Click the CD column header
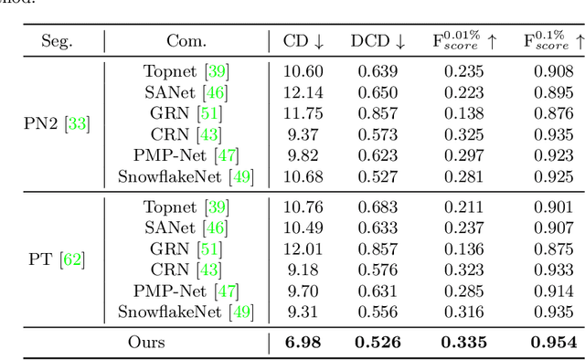303,41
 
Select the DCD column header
378,41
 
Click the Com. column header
186,41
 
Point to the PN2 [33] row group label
57,124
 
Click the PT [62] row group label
57,259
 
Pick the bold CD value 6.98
303,343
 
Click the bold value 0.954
553,343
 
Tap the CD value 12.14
303,91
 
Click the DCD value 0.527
377,175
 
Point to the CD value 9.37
303,133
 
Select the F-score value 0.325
464,133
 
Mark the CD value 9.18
303,270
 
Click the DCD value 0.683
377,208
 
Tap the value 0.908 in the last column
553,71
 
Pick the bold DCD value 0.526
377,343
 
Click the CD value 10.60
303,71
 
